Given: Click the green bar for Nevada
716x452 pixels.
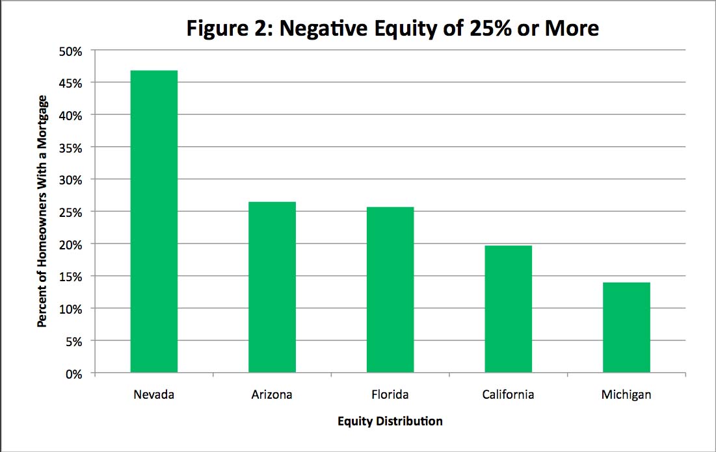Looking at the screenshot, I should click(x=153, y=221).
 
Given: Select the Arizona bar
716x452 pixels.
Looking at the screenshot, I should click(x=272, y=287).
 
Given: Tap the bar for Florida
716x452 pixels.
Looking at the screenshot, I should click(x=390, y=290).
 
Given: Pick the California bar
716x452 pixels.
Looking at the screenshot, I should click(x=508, y=309).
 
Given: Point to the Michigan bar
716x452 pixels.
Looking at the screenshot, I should click(x=626, y=327).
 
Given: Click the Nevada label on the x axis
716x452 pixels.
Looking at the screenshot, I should click(x=153, y=394).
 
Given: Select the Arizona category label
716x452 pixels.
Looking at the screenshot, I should click(x=272, y=394).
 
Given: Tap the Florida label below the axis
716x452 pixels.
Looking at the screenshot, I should click(x=390, y=394).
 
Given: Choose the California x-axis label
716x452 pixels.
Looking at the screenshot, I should click(x=508, y=394).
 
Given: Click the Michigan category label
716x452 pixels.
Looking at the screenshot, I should click(x=626, y=394).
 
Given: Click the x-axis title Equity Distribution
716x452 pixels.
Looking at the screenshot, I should click(x=390, y=421).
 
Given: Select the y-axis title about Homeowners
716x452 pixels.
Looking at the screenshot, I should click(x=42, y=211).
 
